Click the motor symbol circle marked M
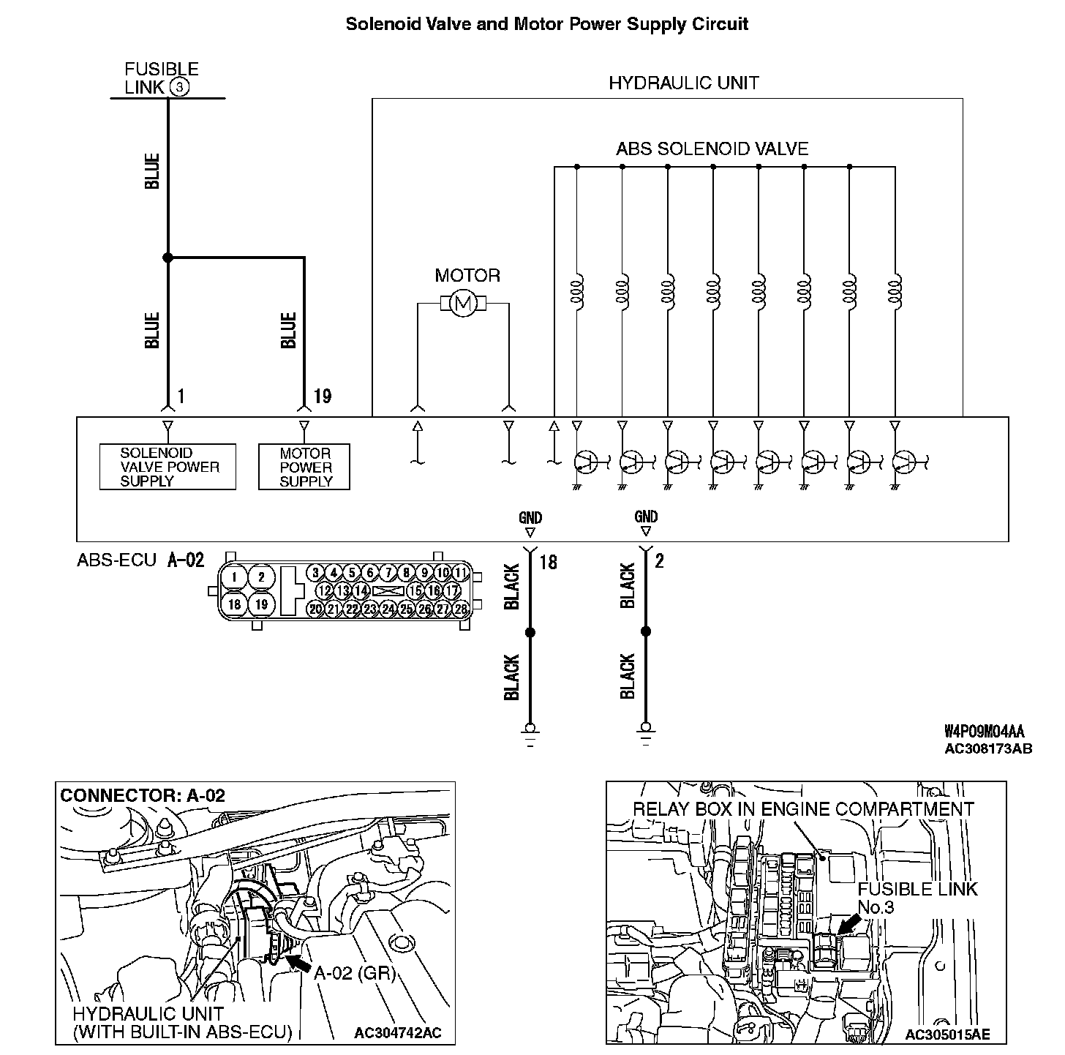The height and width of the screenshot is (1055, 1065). coord(462,304)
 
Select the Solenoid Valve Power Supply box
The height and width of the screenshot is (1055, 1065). coord(168,467)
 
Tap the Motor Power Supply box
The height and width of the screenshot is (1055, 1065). coord(304,467)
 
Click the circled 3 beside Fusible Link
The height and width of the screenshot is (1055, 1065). coord(179,88)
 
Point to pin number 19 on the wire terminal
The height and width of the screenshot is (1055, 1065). coord(323,397)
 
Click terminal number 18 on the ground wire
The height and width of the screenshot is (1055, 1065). coord(548,562)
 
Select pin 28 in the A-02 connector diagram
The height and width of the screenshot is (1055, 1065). coord(460,608)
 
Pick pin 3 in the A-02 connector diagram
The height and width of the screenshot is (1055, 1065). coord(315,572)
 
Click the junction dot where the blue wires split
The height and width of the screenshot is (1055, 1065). coord(168,258)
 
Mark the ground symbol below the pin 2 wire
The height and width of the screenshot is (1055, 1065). coord(645,731)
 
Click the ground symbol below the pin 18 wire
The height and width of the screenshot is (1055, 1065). coord(530,731)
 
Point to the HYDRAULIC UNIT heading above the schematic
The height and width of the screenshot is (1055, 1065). coord(683,83)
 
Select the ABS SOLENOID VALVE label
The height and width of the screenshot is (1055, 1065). coord(712,149)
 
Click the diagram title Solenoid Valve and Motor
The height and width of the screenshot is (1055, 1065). coord(546,23)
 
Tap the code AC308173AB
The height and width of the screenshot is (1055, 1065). coord(988,748)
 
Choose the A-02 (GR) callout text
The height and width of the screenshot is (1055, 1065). coord(354,973)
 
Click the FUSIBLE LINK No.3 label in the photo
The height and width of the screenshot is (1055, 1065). coord(917,898)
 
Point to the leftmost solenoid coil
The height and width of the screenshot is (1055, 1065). coord(577,292)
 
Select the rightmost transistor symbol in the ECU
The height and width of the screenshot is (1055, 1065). coord(905,462)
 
